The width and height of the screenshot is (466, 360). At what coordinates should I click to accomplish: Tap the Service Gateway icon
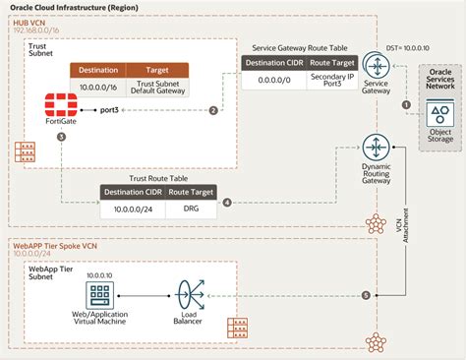(x=376, y=67)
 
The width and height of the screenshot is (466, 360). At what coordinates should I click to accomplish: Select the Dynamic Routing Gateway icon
(x=376, y=150)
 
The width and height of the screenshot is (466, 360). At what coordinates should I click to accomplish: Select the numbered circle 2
(x=213, y=110)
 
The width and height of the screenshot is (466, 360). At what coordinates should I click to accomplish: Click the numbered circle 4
(x=227, y=203)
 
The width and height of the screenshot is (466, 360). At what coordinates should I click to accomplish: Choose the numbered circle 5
(x=366, y=295)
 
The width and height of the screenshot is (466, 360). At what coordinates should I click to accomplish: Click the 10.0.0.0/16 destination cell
(x=96, y=89)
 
